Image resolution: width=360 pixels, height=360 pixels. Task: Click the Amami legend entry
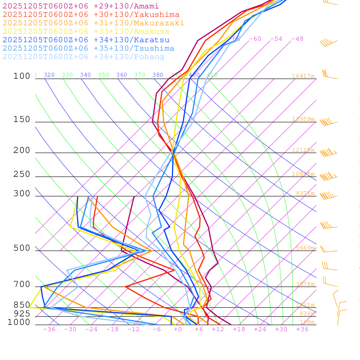pos(81,6)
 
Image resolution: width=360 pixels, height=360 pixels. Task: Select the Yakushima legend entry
pos(91,14)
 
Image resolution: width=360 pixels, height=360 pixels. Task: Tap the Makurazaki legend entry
pos(94,23)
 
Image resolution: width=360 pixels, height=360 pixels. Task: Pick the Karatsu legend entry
pos(86,40)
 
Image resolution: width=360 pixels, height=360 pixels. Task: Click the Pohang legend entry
pos(84,57)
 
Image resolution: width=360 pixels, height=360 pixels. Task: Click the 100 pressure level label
pos(22,76)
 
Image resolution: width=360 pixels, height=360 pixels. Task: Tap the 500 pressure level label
pos(22,248)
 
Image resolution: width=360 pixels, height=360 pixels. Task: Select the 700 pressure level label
pos(22,284)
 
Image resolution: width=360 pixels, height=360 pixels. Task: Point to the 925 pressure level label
pos(22,313)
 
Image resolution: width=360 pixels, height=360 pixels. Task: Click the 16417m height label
pos(303,76)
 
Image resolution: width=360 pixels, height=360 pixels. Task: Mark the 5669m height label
pos(305,248)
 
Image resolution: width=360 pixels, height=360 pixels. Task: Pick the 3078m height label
pos(305,284)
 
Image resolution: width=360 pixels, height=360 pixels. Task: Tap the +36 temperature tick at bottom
pos(302,329)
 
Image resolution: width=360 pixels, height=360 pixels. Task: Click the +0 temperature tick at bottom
pos(178,329)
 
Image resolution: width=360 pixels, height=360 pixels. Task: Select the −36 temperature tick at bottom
pos(49,329)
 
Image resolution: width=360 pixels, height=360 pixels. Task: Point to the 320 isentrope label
pos(49,75)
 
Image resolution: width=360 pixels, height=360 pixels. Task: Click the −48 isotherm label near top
pos(297,39)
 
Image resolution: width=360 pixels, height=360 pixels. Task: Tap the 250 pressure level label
pos(22,174)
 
